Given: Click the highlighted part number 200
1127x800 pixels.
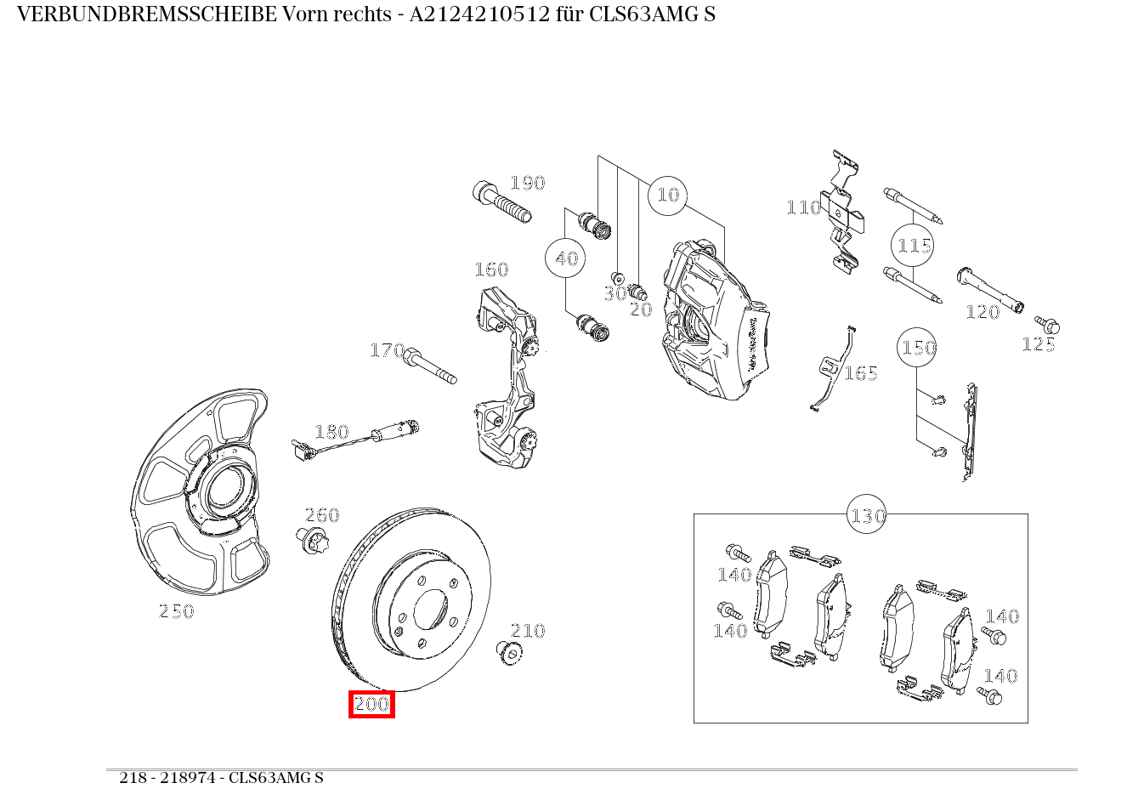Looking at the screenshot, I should (x=371, y=704).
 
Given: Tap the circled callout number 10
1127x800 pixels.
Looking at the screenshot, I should (x=668, y=196).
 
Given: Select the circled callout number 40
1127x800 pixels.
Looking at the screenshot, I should (x=566, y=258).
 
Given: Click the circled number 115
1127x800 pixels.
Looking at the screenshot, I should (x=914, y=246).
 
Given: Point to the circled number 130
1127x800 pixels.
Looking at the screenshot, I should (x=867, y=515).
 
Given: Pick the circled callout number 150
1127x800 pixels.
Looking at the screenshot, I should (x=919, y=348).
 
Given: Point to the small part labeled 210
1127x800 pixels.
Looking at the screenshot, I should (x=508, y=653).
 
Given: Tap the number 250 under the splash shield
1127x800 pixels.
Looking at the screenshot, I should (x=177, y=611).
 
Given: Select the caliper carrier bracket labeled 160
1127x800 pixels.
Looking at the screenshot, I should (x=507, y=374).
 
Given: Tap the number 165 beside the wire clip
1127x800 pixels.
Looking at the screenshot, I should (x=860, y=373).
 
